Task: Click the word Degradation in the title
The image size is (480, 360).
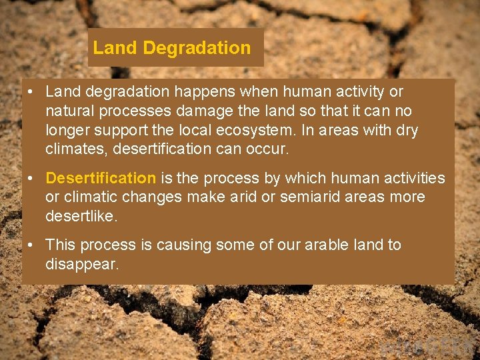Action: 197,48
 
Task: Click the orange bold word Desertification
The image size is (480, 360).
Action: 100,178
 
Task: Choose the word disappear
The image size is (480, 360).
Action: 81,264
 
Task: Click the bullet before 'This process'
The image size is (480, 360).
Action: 31,245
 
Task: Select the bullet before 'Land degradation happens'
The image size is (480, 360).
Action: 31,91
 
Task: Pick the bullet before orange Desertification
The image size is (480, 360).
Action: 31,178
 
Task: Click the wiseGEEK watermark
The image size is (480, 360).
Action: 427,347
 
